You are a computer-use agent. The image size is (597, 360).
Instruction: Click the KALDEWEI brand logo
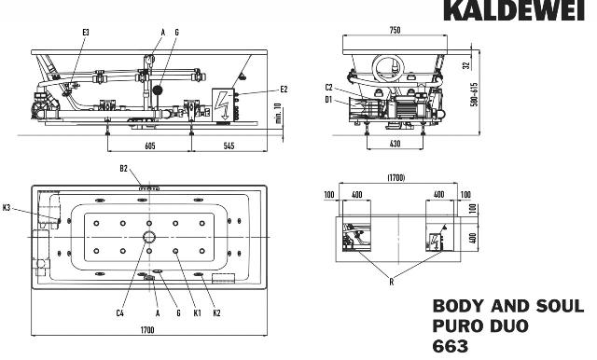514,10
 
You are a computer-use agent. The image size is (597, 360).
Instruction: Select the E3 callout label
86,33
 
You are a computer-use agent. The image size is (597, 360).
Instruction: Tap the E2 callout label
284,90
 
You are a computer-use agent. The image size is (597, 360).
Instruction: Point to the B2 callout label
124,169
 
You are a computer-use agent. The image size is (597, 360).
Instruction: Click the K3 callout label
7,208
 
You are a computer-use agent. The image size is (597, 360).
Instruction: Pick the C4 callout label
120,313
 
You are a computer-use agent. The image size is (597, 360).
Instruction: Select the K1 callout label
197,313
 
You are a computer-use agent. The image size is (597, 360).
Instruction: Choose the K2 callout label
216,313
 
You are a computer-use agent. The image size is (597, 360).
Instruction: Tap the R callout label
392,282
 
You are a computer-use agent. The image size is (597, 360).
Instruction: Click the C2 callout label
329,88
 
